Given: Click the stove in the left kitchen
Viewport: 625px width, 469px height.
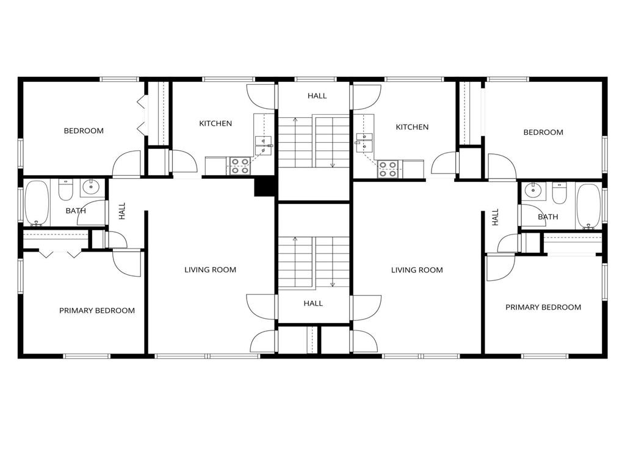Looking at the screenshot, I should (x=240, y=166).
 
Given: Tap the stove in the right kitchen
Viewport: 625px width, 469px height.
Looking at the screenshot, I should (x=388, y=169).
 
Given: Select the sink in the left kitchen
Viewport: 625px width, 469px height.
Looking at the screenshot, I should (x=264, y=145).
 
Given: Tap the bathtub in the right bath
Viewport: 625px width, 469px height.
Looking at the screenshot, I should (x=588, y=205).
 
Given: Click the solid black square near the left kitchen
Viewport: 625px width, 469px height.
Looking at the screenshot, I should (x=264, y=186).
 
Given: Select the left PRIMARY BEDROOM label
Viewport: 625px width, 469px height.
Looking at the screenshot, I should (x=97, y=310).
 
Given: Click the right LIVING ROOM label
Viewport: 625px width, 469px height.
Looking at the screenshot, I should (x=417, y=270).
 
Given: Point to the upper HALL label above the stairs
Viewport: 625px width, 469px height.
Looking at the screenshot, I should (x=317, y=96).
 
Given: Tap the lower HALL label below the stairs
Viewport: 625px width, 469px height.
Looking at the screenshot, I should (x=313, y=304).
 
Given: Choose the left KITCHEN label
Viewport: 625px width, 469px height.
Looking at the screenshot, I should (x=215, y=123).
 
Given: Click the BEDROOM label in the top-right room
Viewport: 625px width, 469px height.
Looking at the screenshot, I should (x=543, y=133).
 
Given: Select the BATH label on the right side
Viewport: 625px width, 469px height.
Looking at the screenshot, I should (x=548, y=217).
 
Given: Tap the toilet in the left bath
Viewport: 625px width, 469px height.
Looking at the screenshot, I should (x=66, y=191).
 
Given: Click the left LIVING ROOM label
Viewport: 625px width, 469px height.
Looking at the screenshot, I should (x=210, y=270).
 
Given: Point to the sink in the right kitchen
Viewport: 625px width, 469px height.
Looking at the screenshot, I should (x=364, y=145).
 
